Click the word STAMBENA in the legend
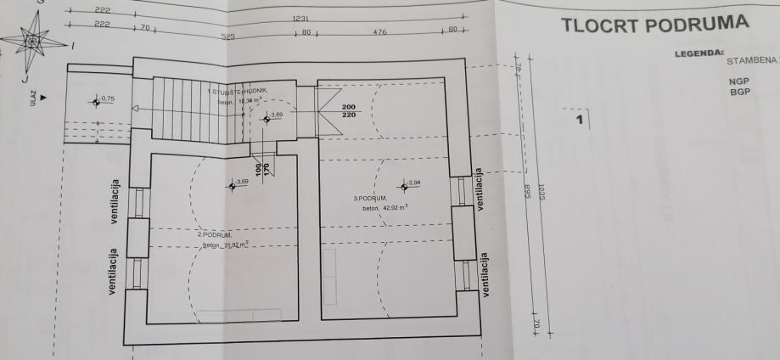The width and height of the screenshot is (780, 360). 752,61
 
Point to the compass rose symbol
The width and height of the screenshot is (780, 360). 34,41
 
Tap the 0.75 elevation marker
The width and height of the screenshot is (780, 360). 105,99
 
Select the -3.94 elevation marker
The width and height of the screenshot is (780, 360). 413,183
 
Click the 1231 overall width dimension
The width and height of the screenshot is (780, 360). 300,19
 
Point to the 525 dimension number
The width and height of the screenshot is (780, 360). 227,37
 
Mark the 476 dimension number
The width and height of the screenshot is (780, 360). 379,34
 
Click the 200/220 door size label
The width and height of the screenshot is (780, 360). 349,110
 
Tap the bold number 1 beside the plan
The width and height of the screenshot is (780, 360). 580,121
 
